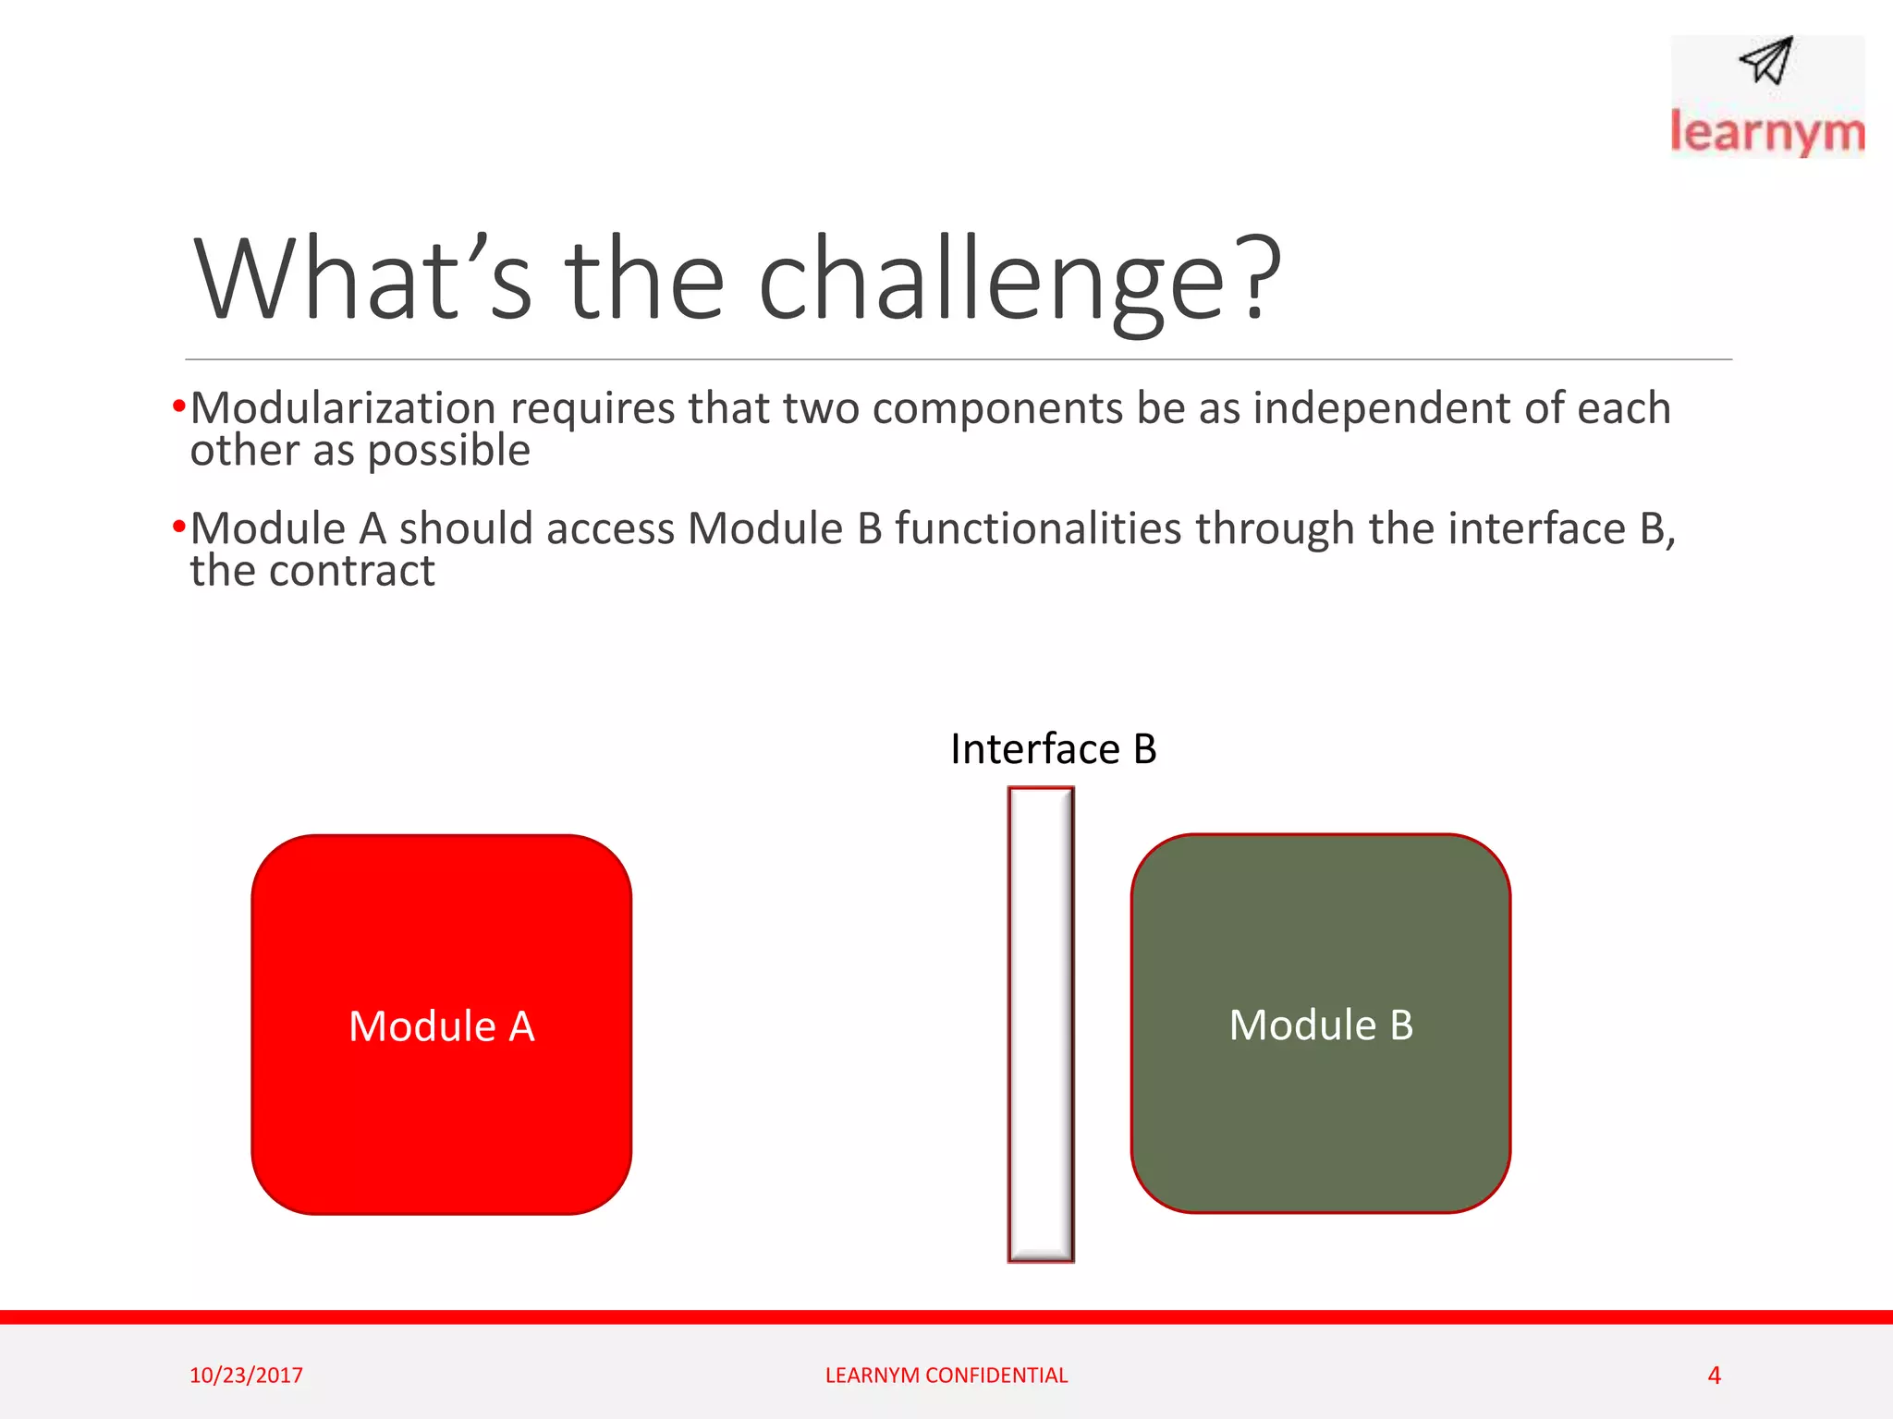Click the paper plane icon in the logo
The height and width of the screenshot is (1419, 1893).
[x=1766, y=62]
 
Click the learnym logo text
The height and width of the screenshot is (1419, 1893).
[x=1766, y=132]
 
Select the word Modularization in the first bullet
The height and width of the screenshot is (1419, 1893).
[x=343, y=408]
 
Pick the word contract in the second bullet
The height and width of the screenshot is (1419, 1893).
[x=351, y=571]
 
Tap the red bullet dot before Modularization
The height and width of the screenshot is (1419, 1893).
[x=179, y=406]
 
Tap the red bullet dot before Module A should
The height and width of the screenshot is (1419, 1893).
[x=179, y=528]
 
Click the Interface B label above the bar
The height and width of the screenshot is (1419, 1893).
[x=1053, y=749]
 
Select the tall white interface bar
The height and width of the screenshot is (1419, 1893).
[x=1040, y=1024]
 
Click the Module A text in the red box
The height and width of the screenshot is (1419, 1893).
[x=441, y=1026]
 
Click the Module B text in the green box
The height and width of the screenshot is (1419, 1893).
[x=1320, y=1025]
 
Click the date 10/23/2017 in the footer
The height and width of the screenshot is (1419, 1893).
[x=246, y=1376]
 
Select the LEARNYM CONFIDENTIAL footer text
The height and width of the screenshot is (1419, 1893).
[x=946, y=1376]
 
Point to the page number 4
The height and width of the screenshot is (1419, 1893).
[x=1714, y=1376]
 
